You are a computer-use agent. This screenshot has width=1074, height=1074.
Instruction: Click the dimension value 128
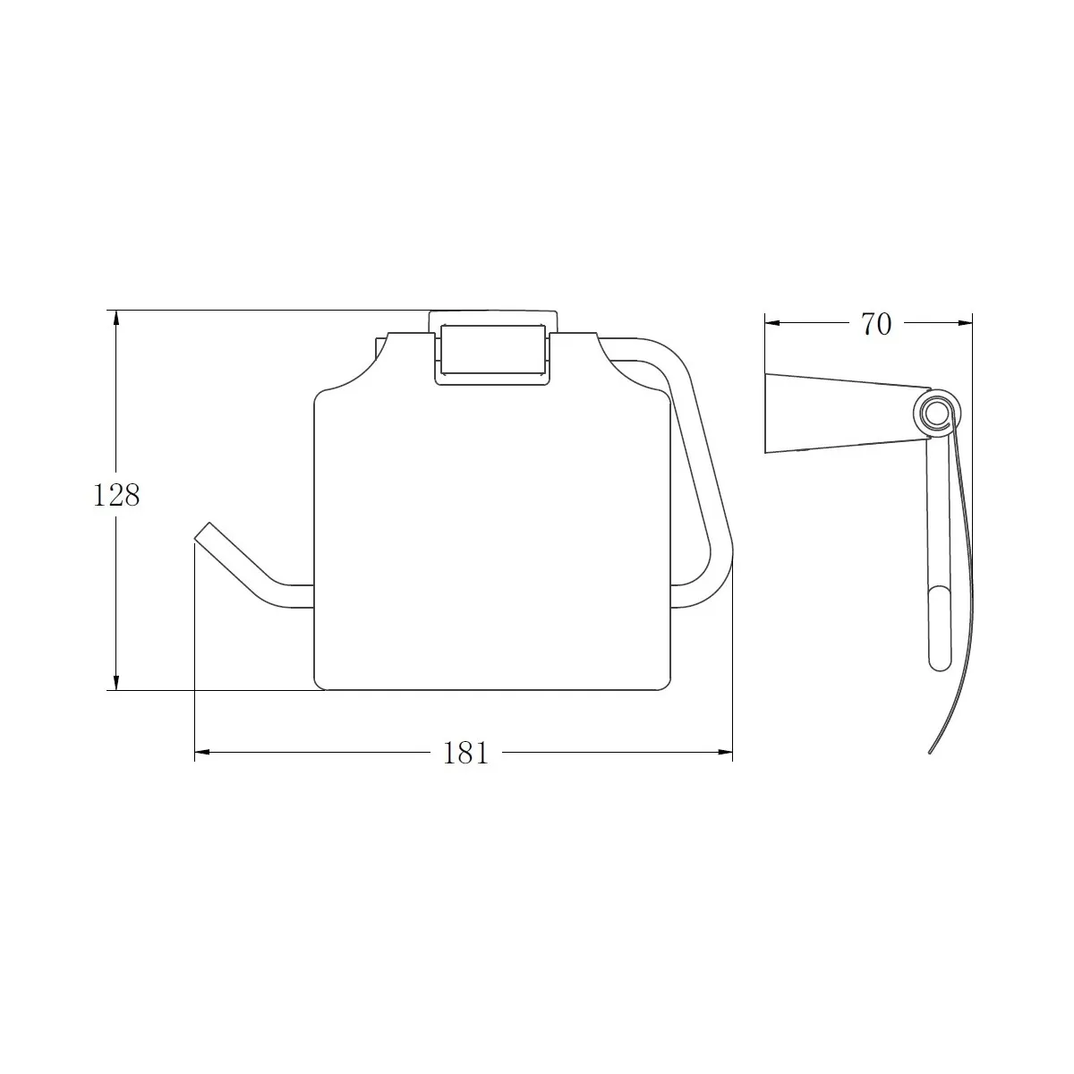click(x=116, y=495)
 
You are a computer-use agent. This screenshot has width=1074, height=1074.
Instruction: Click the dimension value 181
click(x=465, y=753)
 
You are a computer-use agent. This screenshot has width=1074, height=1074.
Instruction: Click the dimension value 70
click(x=876, y=324)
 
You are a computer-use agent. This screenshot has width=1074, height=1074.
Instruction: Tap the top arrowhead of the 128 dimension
click(x=116, y=318)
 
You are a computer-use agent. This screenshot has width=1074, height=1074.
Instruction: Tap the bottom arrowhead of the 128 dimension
click(x=116, y=683)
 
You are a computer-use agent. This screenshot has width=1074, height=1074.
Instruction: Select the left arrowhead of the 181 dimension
click(x=202, y=753)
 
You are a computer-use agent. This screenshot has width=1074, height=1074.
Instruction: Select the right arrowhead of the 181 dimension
click(x=725, y=753)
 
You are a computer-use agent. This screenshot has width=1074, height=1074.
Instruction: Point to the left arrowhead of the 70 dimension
click(x=772, y=323)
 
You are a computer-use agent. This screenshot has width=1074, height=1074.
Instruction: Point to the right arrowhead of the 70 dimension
click(x=965, y=323)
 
